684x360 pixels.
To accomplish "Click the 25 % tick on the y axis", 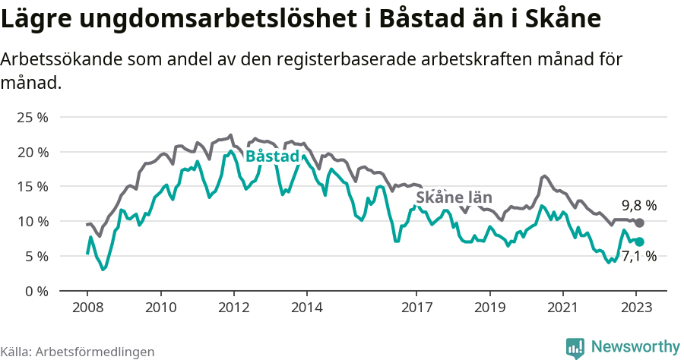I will point(32,117).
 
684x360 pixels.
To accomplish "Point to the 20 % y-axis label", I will point(32,152).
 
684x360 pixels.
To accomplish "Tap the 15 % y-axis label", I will point(32,187).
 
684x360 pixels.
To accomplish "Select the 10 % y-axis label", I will point(32,221).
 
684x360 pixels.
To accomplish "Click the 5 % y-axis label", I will point(36,256).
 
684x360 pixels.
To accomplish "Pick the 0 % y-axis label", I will point(36,291).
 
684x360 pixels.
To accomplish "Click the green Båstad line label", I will point(272,156).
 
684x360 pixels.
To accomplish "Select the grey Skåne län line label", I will point(452,197).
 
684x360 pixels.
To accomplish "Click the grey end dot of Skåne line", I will point(639,223).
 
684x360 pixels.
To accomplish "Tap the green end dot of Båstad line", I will point(639,242).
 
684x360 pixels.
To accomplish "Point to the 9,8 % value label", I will point(639,206).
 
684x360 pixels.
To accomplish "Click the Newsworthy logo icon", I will point(575,347).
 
